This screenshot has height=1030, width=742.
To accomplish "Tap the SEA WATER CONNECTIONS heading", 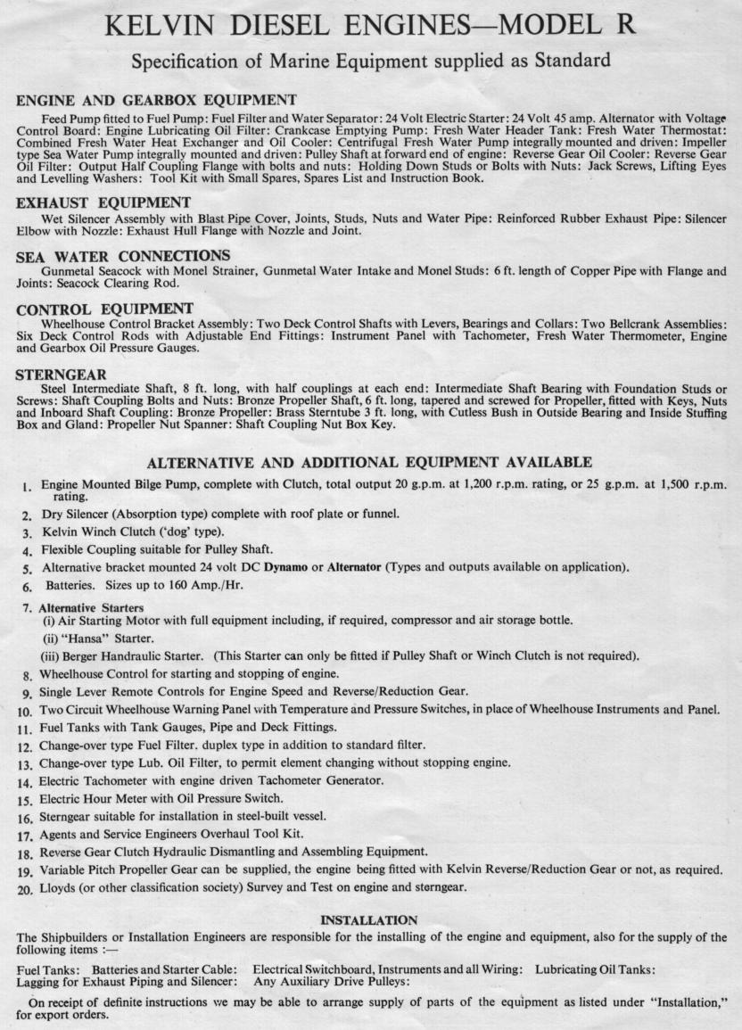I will point(123,257).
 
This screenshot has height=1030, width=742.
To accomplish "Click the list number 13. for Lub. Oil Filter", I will point(25,763).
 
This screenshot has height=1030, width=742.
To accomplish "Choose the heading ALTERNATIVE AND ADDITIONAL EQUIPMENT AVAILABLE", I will point(368,462).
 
